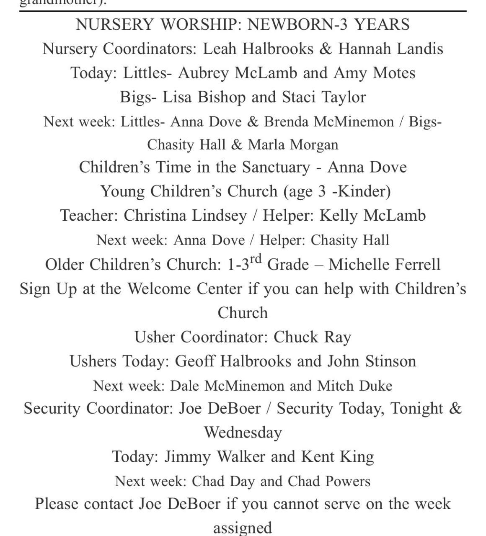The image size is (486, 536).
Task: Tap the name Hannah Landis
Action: [x=390, y=49]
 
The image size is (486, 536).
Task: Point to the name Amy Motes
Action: [x=374, y=73]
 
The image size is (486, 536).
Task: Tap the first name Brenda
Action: [x=286, y=122]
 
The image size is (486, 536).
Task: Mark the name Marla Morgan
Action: [x=293, y=145]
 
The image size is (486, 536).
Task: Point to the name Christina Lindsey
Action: [x=185, y=216]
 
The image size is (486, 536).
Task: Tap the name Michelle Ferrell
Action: [x=384, y=265]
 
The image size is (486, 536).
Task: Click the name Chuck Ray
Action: [x=312, y=337]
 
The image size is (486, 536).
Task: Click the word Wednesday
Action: [x=243, y=433]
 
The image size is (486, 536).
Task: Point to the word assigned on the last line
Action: [x=243, y=528]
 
